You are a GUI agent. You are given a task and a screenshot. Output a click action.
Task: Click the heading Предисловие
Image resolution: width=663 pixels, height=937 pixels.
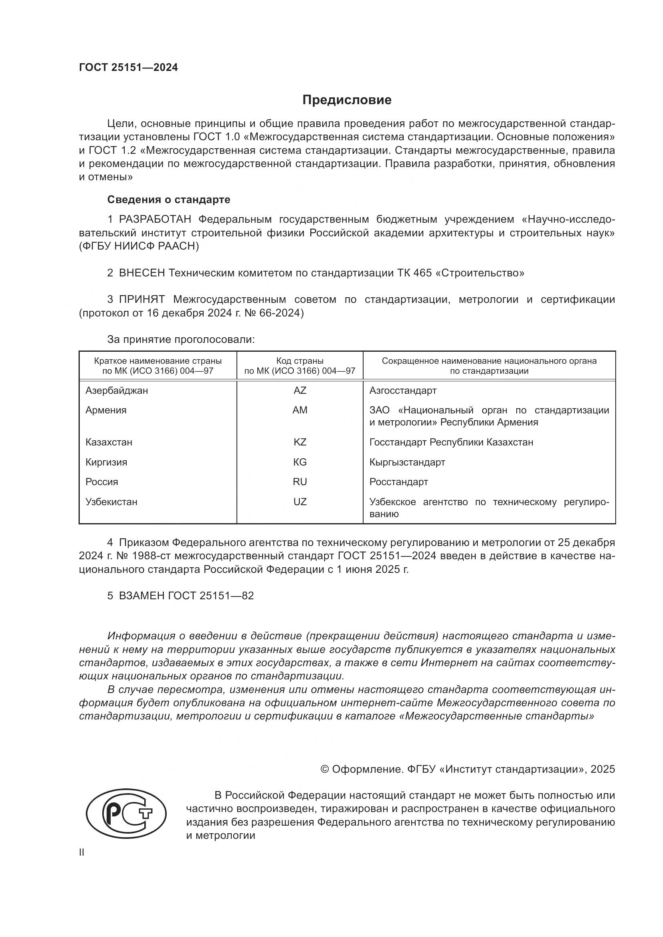347,100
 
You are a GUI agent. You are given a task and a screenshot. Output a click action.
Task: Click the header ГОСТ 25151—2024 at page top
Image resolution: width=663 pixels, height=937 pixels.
129,68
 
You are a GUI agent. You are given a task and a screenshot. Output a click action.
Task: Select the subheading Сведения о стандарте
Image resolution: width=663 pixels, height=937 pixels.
169,199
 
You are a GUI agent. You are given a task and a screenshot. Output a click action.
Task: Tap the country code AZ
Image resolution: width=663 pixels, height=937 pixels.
300,391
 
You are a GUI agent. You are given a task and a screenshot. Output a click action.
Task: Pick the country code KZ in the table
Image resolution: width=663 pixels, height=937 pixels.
300,442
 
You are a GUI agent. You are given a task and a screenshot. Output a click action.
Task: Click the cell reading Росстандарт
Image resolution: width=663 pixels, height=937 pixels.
398,482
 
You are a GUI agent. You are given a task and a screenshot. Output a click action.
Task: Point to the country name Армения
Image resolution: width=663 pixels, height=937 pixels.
106,410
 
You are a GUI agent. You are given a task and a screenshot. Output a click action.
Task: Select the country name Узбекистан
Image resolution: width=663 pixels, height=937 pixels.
111,502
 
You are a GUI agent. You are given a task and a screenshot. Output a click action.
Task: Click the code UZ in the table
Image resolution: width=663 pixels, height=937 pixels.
300,502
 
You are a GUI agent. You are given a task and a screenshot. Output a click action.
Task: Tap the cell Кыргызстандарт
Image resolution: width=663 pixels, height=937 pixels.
407,462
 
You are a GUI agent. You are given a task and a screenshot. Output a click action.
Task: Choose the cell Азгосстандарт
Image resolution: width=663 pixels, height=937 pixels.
403,391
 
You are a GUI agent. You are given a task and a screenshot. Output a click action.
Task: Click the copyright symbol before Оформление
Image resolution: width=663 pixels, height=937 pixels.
325,769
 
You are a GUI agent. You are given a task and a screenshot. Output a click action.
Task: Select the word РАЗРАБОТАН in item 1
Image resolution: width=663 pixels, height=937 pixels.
155,220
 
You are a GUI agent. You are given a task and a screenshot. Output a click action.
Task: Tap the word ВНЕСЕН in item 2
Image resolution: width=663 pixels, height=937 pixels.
141,273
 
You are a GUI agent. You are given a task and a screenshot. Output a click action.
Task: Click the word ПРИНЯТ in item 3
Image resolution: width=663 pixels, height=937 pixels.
141,300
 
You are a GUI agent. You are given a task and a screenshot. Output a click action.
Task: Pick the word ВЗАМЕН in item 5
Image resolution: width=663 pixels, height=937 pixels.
141,595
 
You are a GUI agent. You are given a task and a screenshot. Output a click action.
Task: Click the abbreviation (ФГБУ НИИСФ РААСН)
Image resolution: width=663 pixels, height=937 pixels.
139,246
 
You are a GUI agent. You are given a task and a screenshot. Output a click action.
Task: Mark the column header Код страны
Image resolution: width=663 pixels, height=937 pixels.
300,361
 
